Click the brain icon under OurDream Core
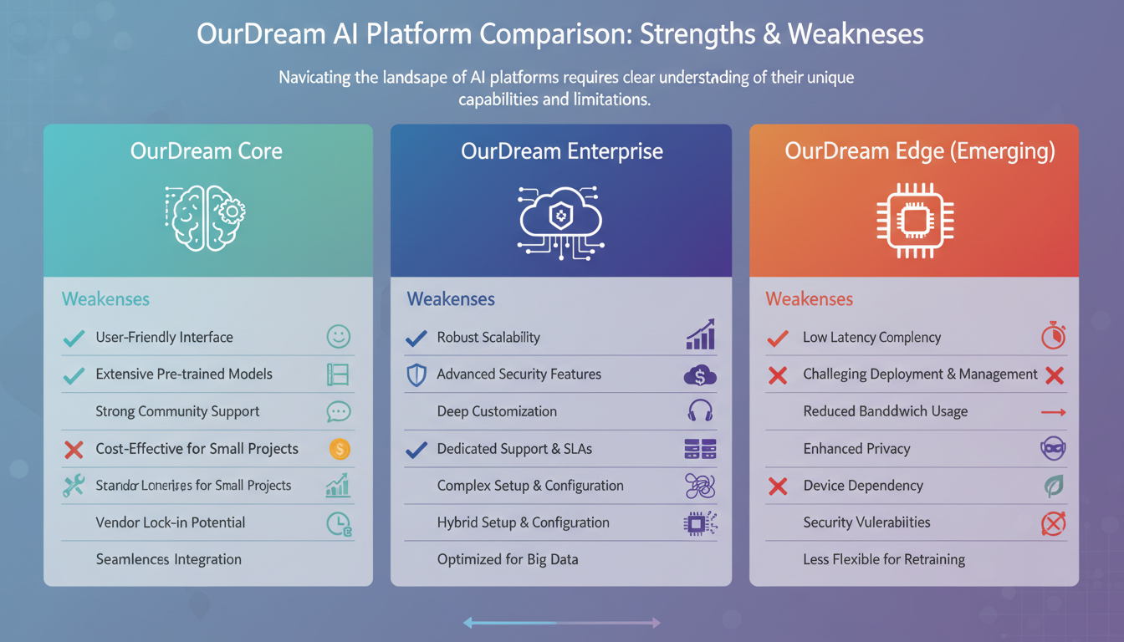(x=205, y=217)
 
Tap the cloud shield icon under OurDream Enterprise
(x=560, y=219)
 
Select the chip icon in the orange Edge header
(x=914, y=219)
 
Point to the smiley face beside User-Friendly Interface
(x=339, y=337)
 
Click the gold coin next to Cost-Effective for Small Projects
(x=339, y=449)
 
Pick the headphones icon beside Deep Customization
(x=699, y=411)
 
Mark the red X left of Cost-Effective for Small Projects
(x=74, y=449)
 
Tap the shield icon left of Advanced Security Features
(x=416, y=374)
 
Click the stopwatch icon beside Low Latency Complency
(x=1053, y=336)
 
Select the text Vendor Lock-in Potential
(x=170, y=522)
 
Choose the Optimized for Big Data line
(x=507, y=559)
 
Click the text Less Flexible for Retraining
(x=883, y=559)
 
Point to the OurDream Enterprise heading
(x=561, y=151)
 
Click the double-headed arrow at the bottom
(x=561, y=622)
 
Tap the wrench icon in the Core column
(x=74, y=486)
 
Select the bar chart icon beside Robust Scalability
(x=699, y=335)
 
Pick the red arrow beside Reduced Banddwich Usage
(x=1053, y=412)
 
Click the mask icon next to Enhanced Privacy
(x=1053, y=449)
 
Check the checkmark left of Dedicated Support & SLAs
(x=416, y=449)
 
